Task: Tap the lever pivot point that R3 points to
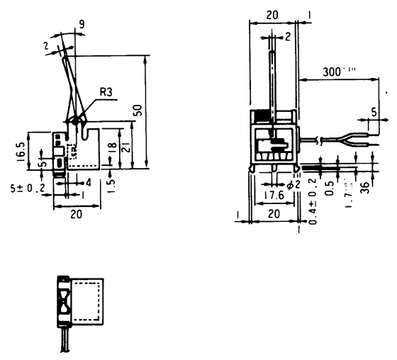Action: coord(75,123)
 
